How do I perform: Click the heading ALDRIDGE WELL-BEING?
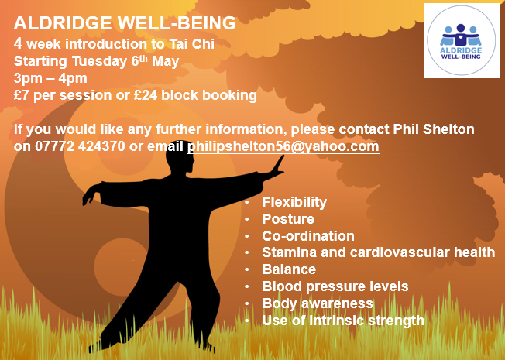tap(125, 23)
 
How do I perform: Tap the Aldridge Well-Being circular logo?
tap(461, 40)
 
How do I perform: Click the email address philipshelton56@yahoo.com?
tap(283, 146)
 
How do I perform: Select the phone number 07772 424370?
tap(80, 146)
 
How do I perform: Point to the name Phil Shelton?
tap(434, 129)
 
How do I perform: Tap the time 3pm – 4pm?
tap(50, 78)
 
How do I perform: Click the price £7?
tap(21, 95)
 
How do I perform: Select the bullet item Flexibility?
tap(294, 202)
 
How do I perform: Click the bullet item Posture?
tap(288, 219)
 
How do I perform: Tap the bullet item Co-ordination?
tap(308, 236)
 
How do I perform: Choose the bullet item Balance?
tap(289, 269)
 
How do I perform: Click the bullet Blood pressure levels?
tap(335, 286)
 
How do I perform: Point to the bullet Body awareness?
tap(318, 303)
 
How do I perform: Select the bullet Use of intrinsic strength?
tap(343, 321)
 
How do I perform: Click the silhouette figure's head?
tap(180, 157)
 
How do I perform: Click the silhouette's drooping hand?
tap(91, 194)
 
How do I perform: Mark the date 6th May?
tap(155, 61)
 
